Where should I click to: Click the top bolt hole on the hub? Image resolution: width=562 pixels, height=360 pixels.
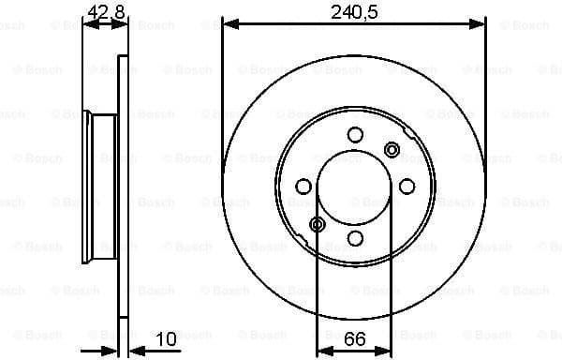(355, 135)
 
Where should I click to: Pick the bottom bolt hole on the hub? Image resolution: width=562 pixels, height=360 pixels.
(355, 238)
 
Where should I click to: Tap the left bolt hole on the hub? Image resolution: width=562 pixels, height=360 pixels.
(303, 187)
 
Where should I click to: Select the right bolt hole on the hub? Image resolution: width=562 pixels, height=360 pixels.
(407, 187)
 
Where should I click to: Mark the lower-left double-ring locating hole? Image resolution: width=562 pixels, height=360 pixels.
(318, 224)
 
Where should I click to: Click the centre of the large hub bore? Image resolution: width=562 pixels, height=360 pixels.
(355, 187)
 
